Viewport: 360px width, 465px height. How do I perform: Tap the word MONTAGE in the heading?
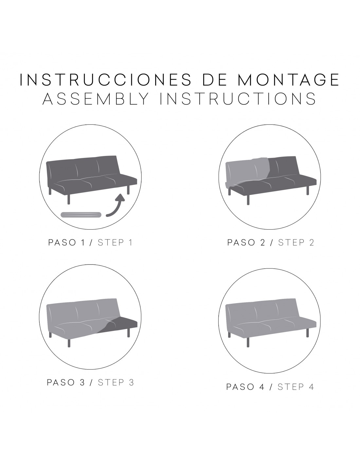point(288,79)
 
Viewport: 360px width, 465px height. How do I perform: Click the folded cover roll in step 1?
point(81,215)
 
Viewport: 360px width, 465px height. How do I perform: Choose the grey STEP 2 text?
point(296,243)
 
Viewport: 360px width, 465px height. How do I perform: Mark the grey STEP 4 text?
point(296,387)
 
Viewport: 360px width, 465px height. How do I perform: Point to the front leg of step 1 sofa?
point(68,198)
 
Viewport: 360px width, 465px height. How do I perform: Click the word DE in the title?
point(215,79)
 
